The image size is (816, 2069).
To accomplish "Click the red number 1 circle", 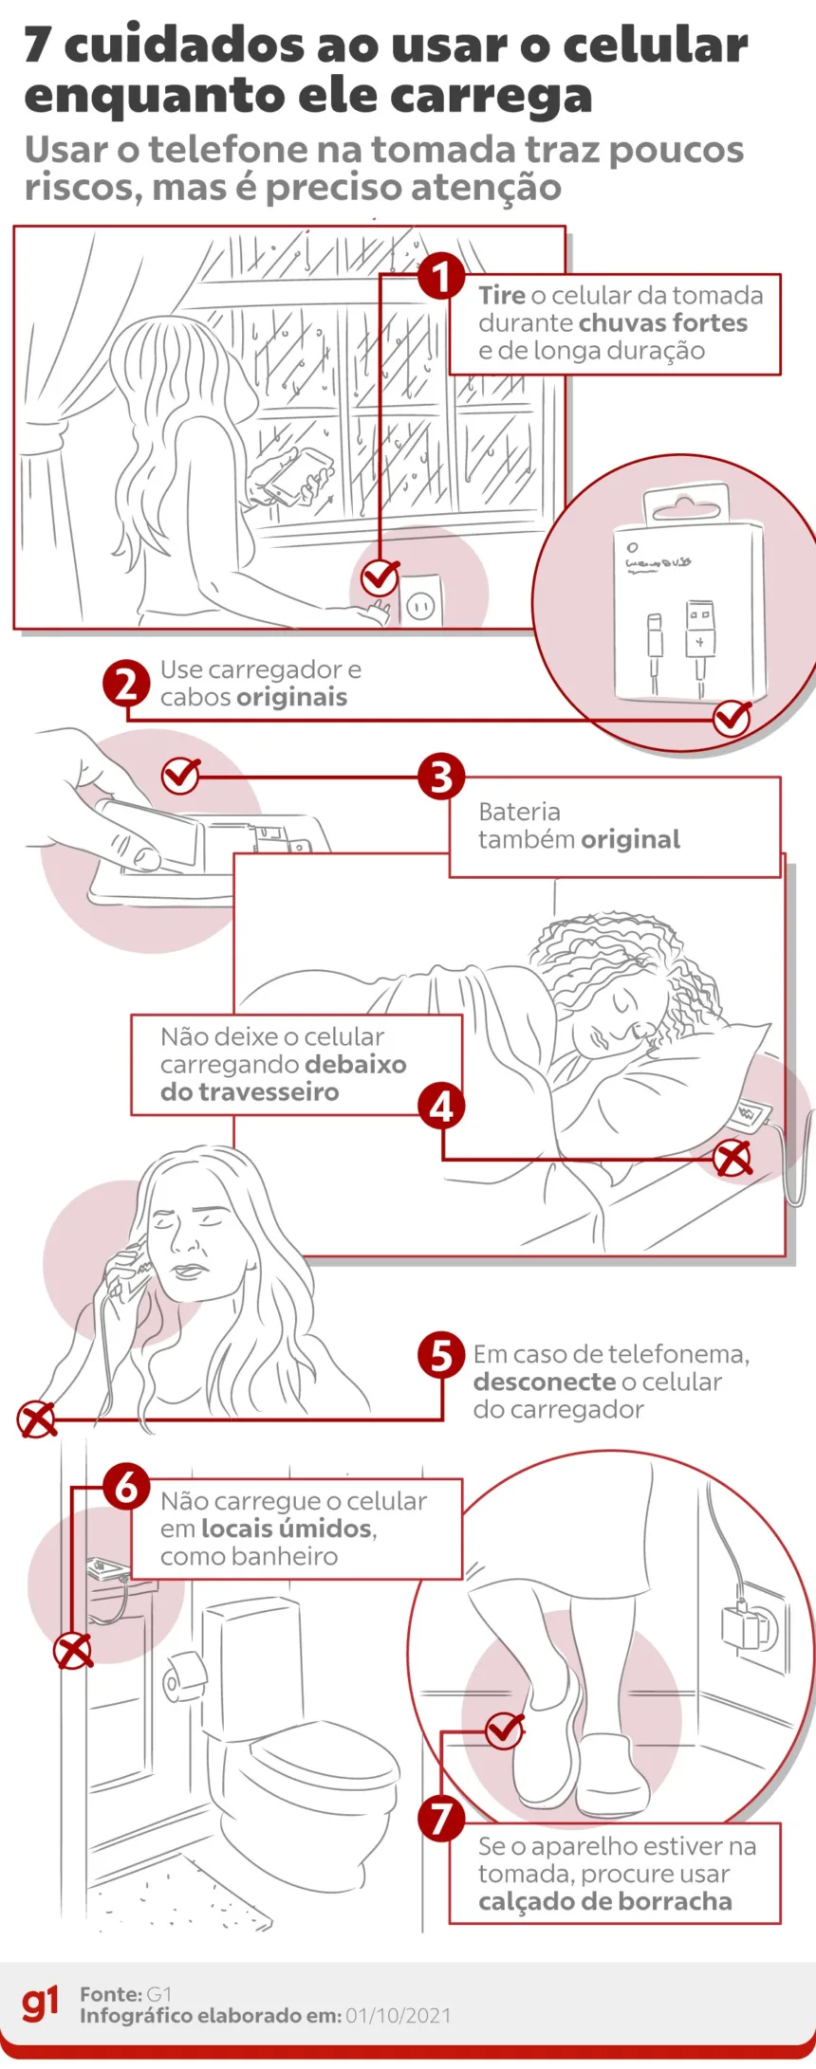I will point(441,277).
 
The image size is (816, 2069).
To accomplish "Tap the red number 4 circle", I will point(441,1106).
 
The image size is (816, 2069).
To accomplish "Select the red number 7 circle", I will point(441,1818).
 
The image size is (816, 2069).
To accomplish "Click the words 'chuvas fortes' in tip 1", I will point(663,323).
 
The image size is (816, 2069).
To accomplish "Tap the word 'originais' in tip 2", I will point(291,698).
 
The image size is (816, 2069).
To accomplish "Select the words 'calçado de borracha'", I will point(604,1902).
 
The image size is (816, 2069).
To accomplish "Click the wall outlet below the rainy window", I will point(420,603).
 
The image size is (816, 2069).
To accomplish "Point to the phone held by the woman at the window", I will point(298,475).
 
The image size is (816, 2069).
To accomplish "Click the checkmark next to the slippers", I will point(504,1730).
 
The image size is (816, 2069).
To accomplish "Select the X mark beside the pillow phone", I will point(733,1158).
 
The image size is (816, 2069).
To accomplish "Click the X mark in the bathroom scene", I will point(73,1651).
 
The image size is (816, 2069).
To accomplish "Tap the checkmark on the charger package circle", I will point(732,718).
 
